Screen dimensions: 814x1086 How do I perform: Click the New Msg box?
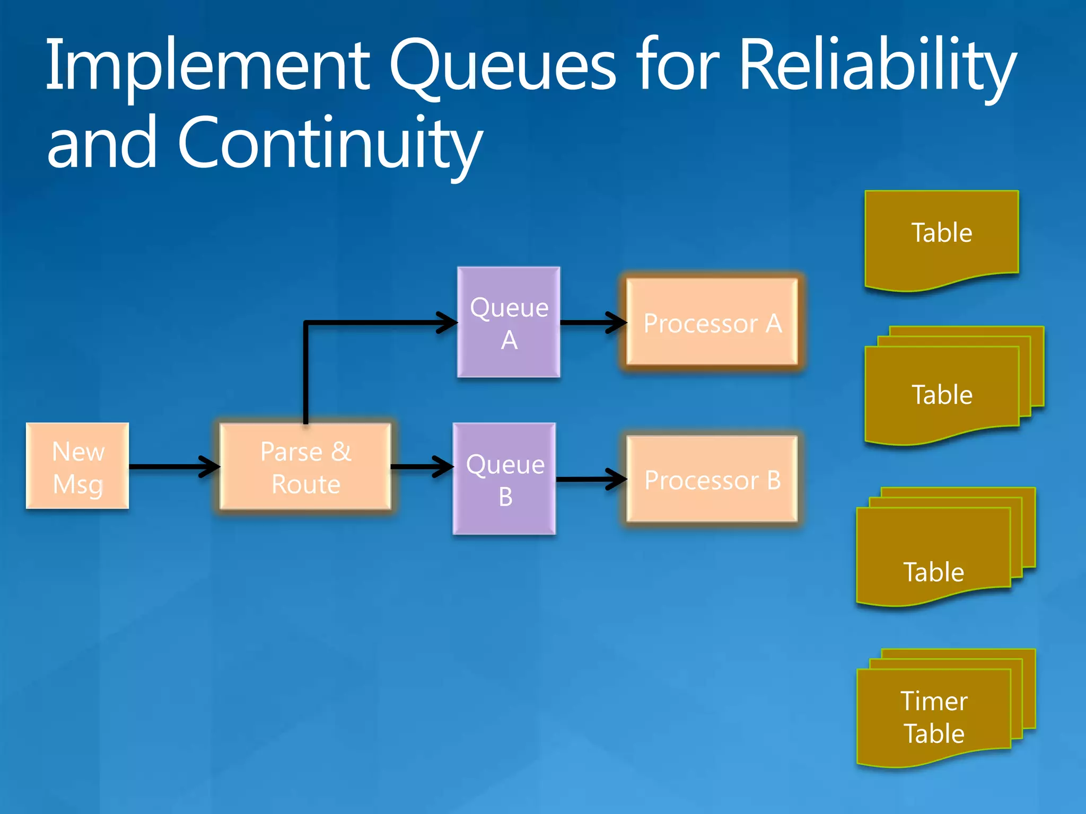[x=77, y=466]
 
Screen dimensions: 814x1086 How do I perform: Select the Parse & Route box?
[x=305, y=466]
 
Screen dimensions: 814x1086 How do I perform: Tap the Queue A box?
[x=509, y=322]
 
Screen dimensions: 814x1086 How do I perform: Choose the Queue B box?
[x=504, y=479]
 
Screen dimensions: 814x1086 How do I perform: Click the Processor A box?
[x=712, y=322]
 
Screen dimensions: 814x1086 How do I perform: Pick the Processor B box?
[x=712, y=479]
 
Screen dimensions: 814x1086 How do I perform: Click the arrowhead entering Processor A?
[x=618, y=322]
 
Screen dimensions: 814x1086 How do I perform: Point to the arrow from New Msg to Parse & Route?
[x=170, y=466]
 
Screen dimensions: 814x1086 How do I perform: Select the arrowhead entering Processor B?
[x=618, y=479]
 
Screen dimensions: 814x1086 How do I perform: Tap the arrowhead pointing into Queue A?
[x=449, y=322]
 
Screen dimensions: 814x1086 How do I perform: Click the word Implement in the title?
[x=207, y=66]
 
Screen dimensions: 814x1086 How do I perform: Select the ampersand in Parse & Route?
[x=341, y=452]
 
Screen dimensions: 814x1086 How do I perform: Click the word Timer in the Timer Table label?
[x=934, y=701]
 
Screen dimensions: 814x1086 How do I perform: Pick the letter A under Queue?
[x=509, y=340]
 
